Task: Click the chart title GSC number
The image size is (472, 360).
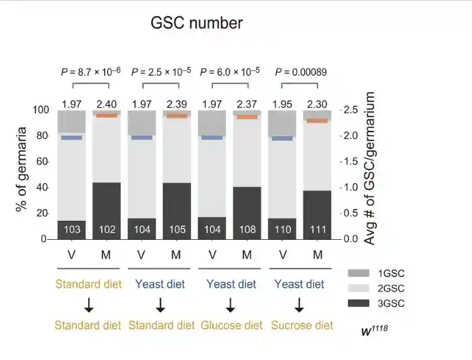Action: [196, 24]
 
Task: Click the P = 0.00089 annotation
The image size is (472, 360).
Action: [301, 72]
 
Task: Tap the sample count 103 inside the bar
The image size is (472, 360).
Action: [72, 229]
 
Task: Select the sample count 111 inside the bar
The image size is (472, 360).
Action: [317, 229]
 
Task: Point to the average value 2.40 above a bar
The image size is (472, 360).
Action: [106, 105]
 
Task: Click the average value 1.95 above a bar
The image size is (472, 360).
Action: [282, 105]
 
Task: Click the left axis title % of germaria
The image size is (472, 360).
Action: [22, 169]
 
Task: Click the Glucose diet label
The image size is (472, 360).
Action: [231, 325]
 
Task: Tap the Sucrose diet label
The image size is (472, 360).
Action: [302, 325]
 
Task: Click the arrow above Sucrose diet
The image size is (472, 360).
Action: [299, 305]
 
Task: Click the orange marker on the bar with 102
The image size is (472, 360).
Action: [106, 115]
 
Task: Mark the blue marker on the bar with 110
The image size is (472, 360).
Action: [282, 138]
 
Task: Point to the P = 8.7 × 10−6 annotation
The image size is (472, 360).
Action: [90, 72]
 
